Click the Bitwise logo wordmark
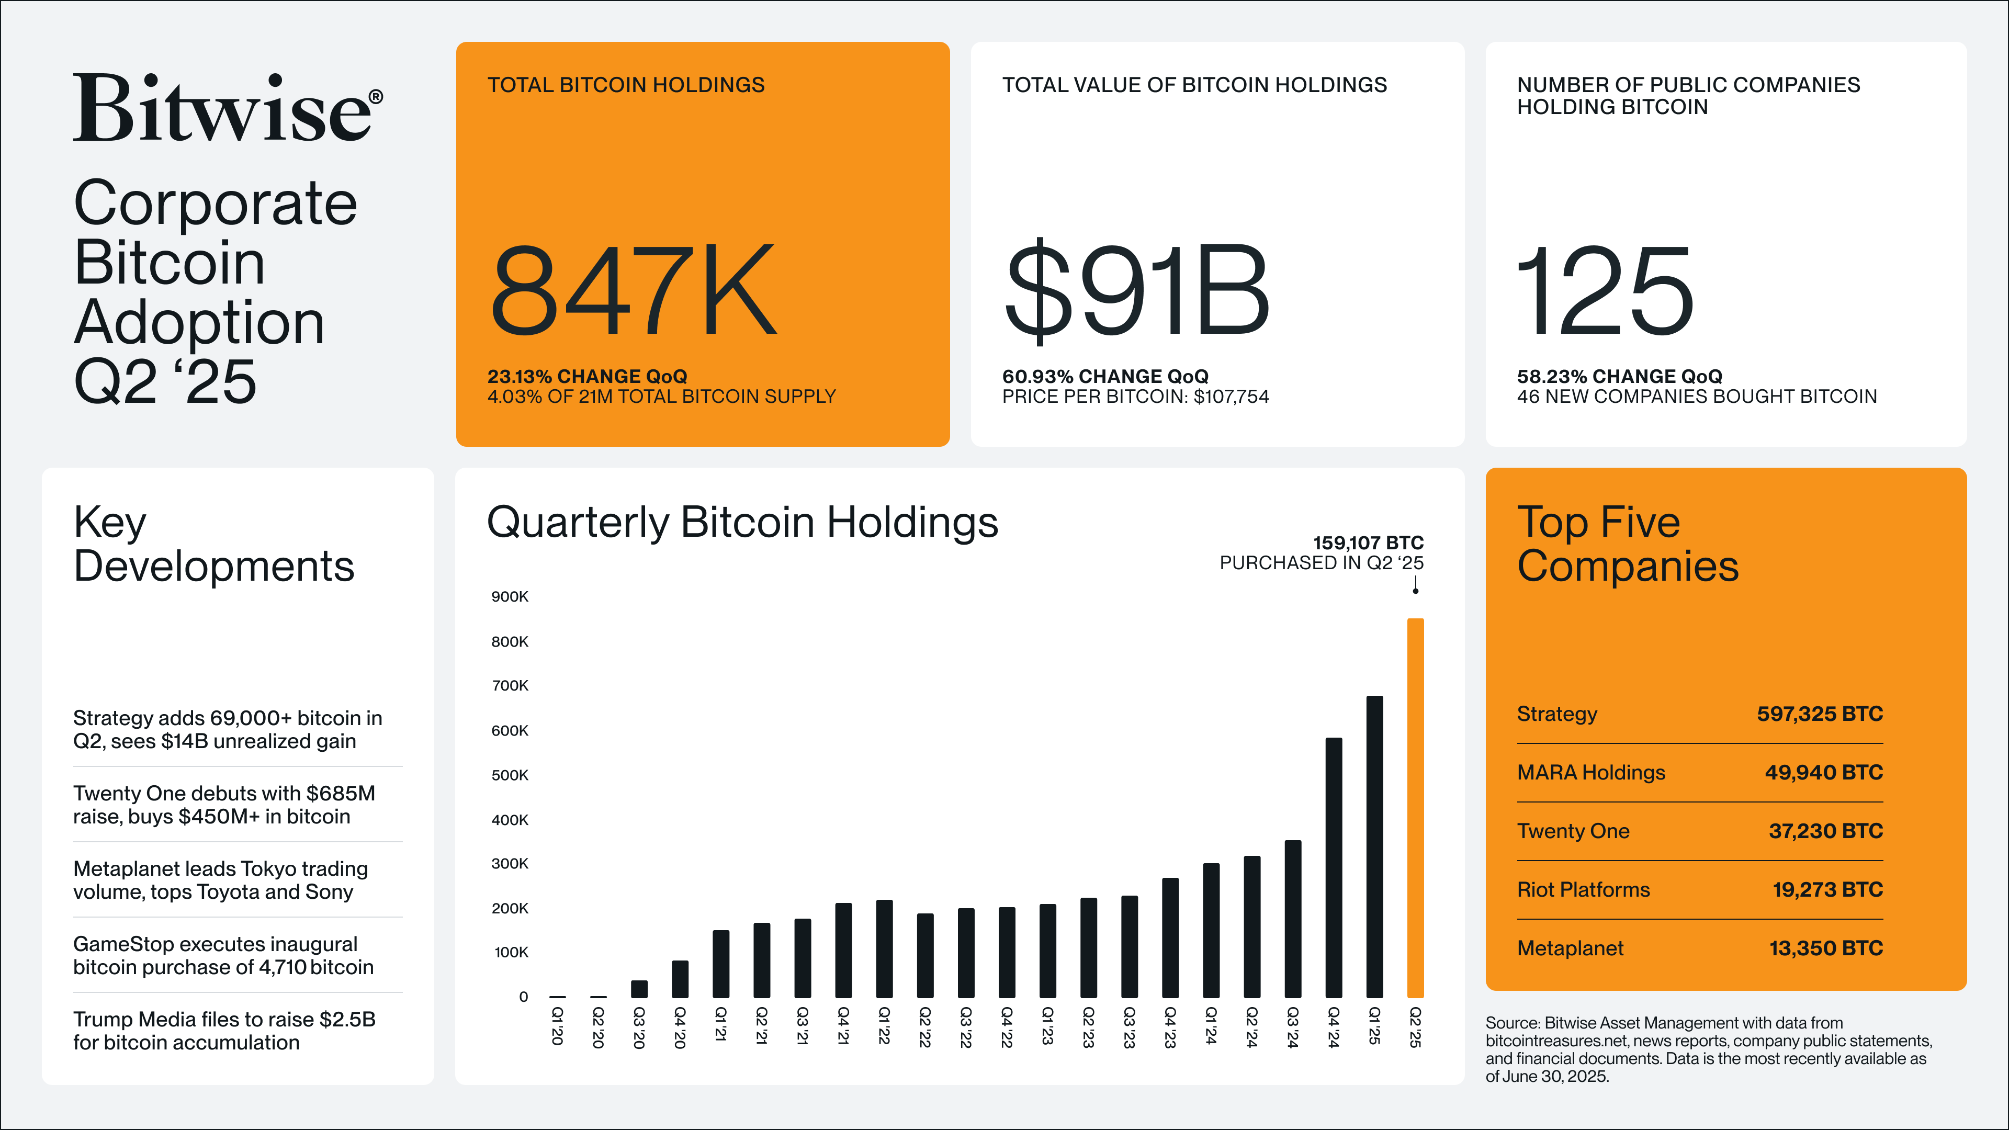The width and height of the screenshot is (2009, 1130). click(227, 109)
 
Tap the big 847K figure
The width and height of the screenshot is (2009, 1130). click(633, 290)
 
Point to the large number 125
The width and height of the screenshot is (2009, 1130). click(1605, 290)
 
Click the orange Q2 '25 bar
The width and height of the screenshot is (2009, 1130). click(1415, 807)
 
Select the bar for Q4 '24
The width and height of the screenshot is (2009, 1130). click(1334, 867)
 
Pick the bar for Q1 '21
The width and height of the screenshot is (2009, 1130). click(720, 963)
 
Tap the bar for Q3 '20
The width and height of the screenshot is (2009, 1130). click(639, 989)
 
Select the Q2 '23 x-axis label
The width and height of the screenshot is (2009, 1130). click(1088, 1027)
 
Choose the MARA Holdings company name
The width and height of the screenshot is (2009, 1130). click(1590, 772)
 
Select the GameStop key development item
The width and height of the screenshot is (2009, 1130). click(223, 955)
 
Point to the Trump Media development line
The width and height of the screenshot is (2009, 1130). click(224, 1030)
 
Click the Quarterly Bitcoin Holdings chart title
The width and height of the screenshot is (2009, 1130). click(742, 522)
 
